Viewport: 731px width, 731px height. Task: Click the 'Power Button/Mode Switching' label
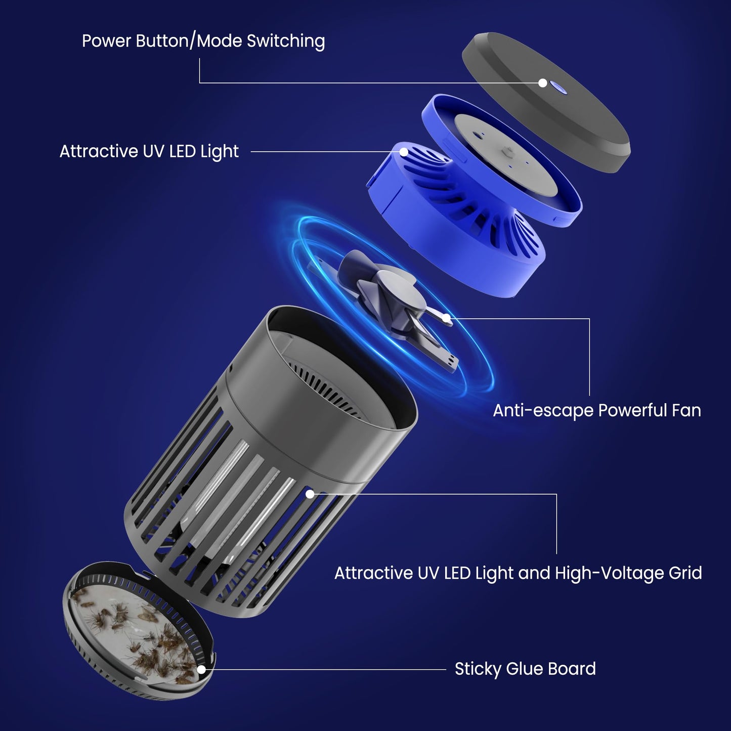pyautogui.click(x=203, y=41)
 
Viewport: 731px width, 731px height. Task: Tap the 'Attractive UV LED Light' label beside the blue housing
pyautogui.click(x=149, y=151)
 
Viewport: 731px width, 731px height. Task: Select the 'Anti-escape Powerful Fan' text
pyautogui.click(x=597, y=410)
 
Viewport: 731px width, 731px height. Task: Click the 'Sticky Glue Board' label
pyautogui.click(x=526, y=669)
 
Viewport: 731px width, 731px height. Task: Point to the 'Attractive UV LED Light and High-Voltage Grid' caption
pyautogui.click(x=518, y=573)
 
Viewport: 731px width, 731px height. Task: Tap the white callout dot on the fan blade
pyautogui.click(x=447, y=318)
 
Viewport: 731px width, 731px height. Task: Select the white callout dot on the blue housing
pyautogui.click(x=404, y=152)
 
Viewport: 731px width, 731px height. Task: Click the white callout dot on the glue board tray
pyautogui.click(x=201, y=670)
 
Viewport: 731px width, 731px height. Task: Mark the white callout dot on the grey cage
pyautogui.click(x=310, y=494)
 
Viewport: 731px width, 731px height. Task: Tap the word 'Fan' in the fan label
pyautogui.click(x=686, y=410)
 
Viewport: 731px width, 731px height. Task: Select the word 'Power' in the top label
pyautogui.click(x=107, y=41)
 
